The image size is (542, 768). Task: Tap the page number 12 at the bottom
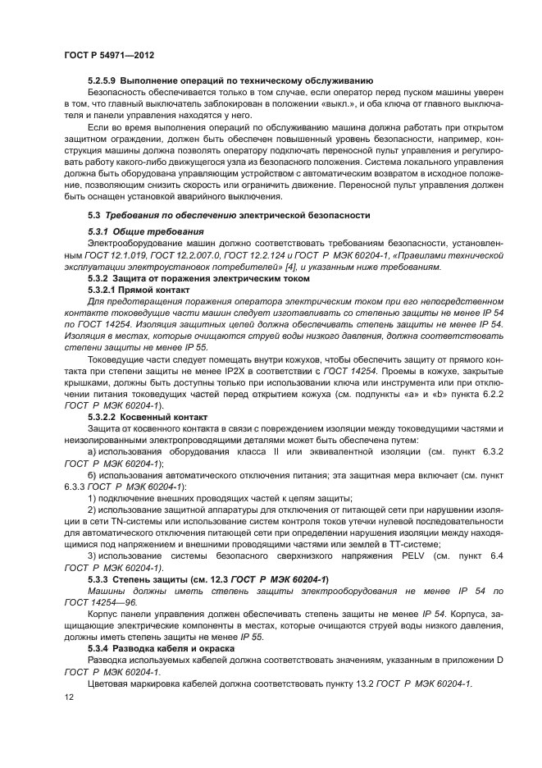(68, 696)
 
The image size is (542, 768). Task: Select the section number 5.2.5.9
(102, 81)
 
